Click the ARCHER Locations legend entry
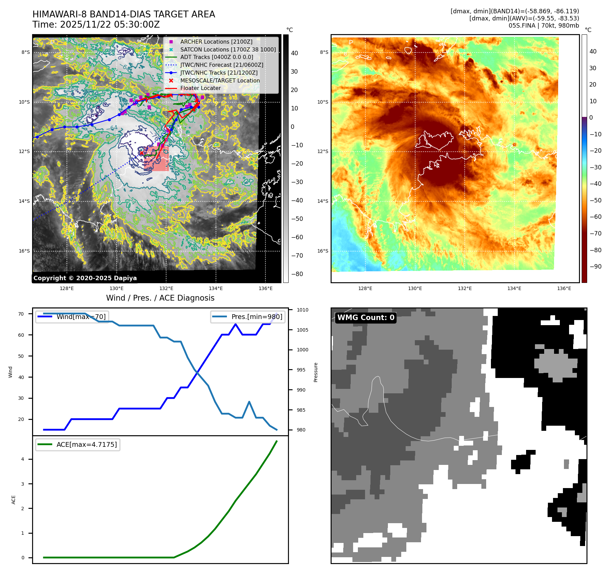coord(216,42)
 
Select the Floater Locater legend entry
coord(200,88)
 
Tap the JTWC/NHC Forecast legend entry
coord(221,65)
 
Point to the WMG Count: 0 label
coord(366,318)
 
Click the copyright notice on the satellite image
coord(85,278)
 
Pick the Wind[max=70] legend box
coord(72,317)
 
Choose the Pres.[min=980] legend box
coord(248,317)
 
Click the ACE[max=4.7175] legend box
coord(78,444)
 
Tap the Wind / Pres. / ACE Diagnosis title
coord(160,298)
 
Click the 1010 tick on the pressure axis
coord(302,310)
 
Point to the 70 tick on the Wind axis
coord(21,314)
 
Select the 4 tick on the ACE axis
coord(23,459)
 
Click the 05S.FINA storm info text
coord(543,26)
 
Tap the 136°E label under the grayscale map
coord(265,288)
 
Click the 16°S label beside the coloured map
coord(323,251)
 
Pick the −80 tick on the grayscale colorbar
coord(297,274)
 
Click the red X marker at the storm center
coord(141,153)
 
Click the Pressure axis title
coord(316,372)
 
